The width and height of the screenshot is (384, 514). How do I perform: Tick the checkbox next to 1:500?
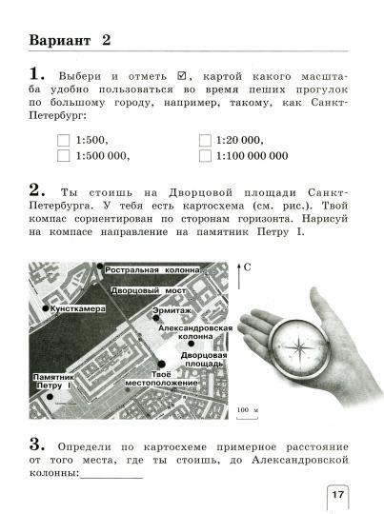64,140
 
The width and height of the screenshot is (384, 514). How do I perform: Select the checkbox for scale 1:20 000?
205,140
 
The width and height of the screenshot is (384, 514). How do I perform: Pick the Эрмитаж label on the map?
176,310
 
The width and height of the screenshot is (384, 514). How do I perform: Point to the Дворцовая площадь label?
201,358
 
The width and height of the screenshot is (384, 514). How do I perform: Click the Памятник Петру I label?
52,381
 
